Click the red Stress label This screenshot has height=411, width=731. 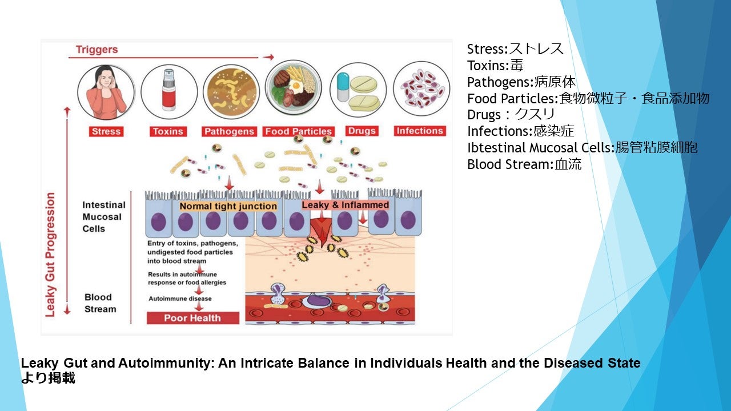(x=106, y=131)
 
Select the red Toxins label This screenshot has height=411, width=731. (x=168, y=131)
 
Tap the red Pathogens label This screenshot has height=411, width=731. (x=229, y=131)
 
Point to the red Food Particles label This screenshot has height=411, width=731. (x=299, y=131)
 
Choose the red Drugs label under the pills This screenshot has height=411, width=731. (x=362, y=131)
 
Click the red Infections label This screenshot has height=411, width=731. (x=420, y=131)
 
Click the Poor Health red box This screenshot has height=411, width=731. (x=193, y=318)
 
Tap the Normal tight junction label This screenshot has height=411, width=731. (x=228, y=206)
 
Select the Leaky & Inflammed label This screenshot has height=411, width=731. (x=346, y=205)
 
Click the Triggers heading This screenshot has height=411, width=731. (x=97, y=50)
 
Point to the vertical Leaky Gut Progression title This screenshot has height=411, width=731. (x=50, y=255)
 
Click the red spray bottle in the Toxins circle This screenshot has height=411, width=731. (x=169, y=90)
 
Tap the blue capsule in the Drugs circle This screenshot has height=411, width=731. (x=343, y=87)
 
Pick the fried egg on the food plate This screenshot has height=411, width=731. (x=296, y=86)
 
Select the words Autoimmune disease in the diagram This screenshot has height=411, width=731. (x=180, y=299)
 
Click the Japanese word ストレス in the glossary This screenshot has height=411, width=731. (x=536, y=49)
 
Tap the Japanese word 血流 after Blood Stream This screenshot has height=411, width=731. (x=568, y=164)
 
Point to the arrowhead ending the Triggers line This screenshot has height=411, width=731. (x=270, y=57)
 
